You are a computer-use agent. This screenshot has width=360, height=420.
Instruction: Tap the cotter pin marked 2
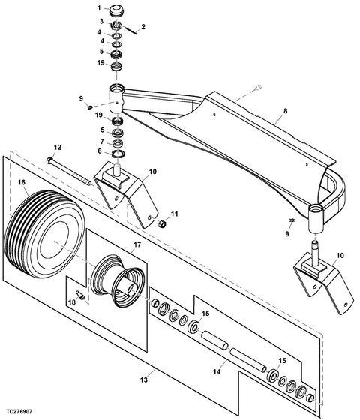pos(132,31)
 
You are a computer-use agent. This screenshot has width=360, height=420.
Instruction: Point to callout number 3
pos(98,22)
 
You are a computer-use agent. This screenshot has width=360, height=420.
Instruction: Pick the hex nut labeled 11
pos(160,222)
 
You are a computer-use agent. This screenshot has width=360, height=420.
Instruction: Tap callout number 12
pos(57,147)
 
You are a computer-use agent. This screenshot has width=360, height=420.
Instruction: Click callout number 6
pos(100,151)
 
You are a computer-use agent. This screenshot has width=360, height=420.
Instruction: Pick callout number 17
pos(137,244)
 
